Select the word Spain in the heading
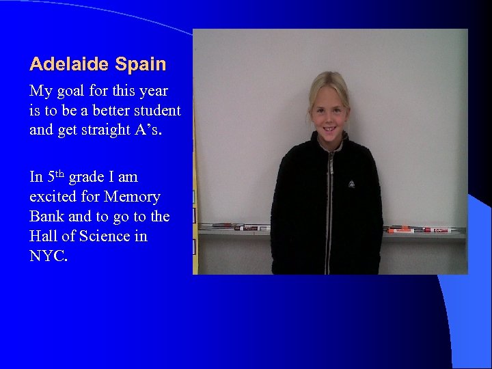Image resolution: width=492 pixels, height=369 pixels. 141,65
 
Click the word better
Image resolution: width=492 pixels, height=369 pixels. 114,111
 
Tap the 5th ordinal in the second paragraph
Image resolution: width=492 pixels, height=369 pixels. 55,176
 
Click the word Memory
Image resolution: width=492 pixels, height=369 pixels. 133,197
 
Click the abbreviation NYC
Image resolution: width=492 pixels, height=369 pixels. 49,256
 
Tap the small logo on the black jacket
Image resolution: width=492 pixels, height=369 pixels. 352,183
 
